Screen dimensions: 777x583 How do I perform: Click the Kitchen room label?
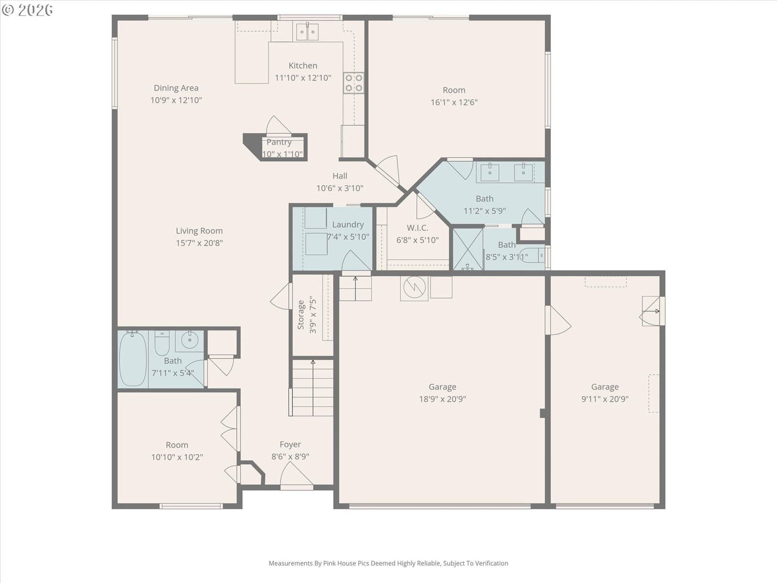(x=303, y=66)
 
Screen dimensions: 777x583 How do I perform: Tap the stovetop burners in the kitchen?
(x=354, y=83)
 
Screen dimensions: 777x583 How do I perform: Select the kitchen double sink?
(x=307, y=32)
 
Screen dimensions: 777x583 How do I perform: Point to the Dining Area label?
(x=176, y=88)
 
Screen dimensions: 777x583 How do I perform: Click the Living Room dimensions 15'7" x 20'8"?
(x=199, y=243)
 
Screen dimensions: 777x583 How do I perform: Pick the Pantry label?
(x=279, y=142)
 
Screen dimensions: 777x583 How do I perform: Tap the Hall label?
(x=340, y=176)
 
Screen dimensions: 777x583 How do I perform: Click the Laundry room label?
(x=348, y=224)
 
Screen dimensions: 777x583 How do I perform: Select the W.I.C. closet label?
(x=417, y=227)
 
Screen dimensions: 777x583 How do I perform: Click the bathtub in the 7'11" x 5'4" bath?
(x=133, y=359)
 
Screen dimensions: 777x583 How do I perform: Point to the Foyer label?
(x=290, y=444)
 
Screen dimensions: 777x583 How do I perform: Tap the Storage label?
(x=301, y=315)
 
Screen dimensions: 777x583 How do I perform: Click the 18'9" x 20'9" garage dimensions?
(x=442, y=399)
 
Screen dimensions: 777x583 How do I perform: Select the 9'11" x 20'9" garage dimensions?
(x=605, y=399)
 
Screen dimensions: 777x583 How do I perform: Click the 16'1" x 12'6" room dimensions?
(x=454, y=103)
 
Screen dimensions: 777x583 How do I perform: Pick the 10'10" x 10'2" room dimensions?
(x=177, y=457)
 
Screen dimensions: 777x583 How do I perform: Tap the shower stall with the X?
(x=468, y=249)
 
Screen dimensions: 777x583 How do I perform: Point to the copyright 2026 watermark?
(x=27, y=10)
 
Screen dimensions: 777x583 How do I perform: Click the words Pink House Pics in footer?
(x=347, y=563)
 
